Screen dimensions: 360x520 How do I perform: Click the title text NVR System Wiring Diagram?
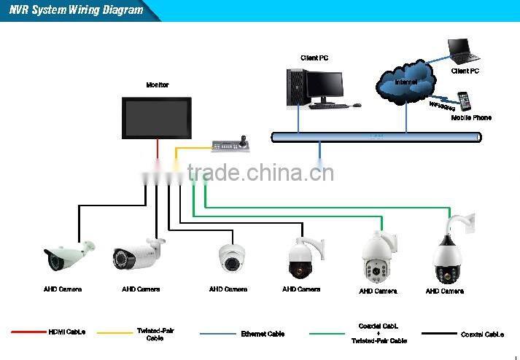[77, 10]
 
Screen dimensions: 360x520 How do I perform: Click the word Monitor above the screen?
[158, 85]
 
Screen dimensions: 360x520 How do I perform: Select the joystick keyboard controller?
[231, 144]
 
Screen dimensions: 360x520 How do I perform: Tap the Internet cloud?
[405, 79]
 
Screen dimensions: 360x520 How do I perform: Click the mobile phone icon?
[463, 101]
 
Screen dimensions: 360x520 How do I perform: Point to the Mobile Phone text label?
[470, 117]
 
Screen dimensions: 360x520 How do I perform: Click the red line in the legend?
[28, 332]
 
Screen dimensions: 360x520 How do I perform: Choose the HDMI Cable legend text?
[67, 333]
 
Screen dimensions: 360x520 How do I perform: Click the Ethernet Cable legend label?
[263, 334]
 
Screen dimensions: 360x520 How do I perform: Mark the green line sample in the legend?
[326, 334]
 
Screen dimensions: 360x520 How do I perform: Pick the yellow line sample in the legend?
[115, 333]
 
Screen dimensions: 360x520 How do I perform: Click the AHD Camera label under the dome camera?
[228, 289]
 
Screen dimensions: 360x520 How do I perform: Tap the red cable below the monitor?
[158, 150]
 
